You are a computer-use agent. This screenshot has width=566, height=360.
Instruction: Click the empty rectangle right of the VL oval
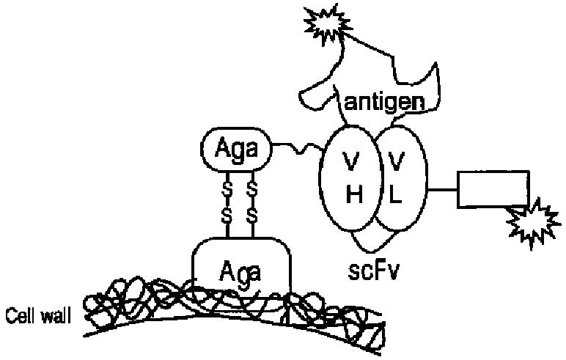click(492, 188)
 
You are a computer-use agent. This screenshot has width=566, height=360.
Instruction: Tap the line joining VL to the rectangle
click(441, 189)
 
